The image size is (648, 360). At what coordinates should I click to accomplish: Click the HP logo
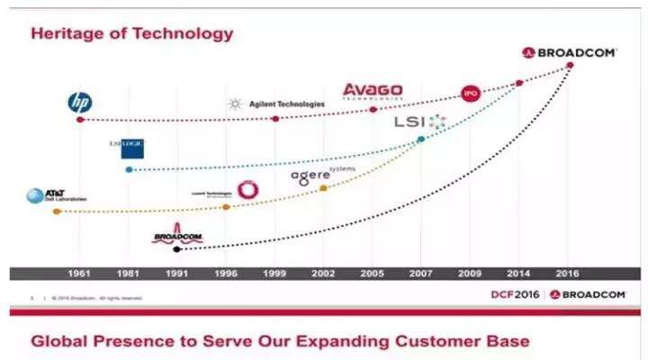point(79,102)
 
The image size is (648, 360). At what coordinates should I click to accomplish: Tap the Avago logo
point(373,92)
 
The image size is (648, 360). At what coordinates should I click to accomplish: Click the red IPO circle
point(470,93)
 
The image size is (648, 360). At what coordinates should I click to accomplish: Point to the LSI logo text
point(410,121)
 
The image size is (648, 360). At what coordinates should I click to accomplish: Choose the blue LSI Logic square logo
point(133,148)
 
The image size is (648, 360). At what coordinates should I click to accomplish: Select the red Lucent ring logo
point(246,190)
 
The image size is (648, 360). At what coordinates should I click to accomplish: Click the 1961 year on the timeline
point(80,273)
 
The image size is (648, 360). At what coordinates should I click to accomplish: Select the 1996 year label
point(227,273)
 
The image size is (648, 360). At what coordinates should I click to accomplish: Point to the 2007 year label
point(421,273)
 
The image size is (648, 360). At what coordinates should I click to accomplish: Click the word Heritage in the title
point(64,34)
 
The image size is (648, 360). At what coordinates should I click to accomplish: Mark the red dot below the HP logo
point(80,119)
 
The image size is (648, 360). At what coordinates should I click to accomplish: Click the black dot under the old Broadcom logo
point(177,248)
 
